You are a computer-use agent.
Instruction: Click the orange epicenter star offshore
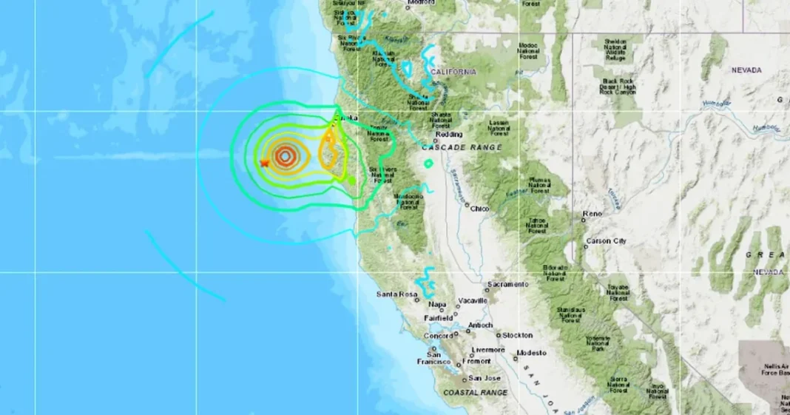pos(264,163)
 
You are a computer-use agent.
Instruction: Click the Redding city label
pos(449,135)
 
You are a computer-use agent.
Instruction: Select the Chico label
pos(480,209)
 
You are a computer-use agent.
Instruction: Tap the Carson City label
pos(606,241)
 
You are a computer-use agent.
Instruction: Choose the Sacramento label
pos(507,284)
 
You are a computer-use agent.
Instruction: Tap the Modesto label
pos(531,353)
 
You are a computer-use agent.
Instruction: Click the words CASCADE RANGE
pos(462,148)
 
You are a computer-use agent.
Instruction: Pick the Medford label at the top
pos(421,3)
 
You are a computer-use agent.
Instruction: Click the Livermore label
pos(489,350)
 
